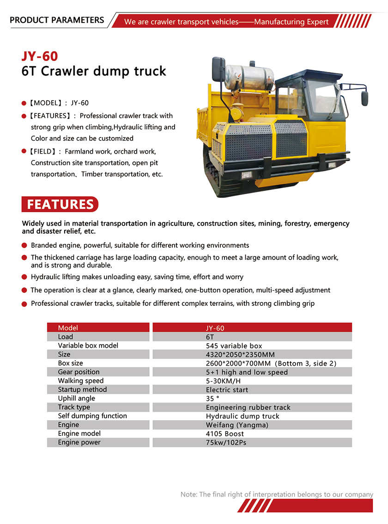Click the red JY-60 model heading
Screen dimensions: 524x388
click(x=40, y=56)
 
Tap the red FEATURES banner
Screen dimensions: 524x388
click(x=60, y=204)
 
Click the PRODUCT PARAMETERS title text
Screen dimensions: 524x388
click(x=57, y=20)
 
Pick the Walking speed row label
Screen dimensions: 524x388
click(x=81, y=381)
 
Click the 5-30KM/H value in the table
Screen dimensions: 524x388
click(x=224, y=381)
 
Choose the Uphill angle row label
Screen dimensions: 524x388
click(x=77, y=399)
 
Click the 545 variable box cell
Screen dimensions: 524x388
click(x=234, y=346)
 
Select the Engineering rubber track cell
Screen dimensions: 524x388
click(x=248, y=407)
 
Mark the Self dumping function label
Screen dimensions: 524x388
click(x=92, y=416)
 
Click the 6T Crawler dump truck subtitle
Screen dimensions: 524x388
click(x=94, y=71)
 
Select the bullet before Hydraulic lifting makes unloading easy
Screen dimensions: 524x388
click(x=24, y=277)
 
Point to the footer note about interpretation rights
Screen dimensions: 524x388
click(x=277, y=494)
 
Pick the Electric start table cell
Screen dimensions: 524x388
click(x=227, y=390)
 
